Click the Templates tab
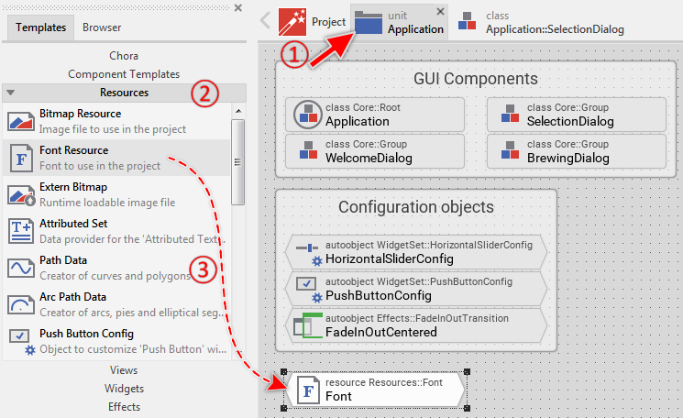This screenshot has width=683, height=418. coord(41,27)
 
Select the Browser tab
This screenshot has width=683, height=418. coord(102,27)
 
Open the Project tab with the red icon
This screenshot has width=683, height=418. coord(312,21)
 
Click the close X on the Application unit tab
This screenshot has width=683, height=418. coord(441,12)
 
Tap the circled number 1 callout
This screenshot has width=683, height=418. coord(292,53)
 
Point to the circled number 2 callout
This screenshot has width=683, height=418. coord(204,93)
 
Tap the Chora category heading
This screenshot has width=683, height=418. coord(124,56)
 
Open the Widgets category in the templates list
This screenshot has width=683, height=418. coord(124,388)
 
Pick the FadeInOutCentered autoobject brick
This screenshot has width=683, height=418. coord(416,325)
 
